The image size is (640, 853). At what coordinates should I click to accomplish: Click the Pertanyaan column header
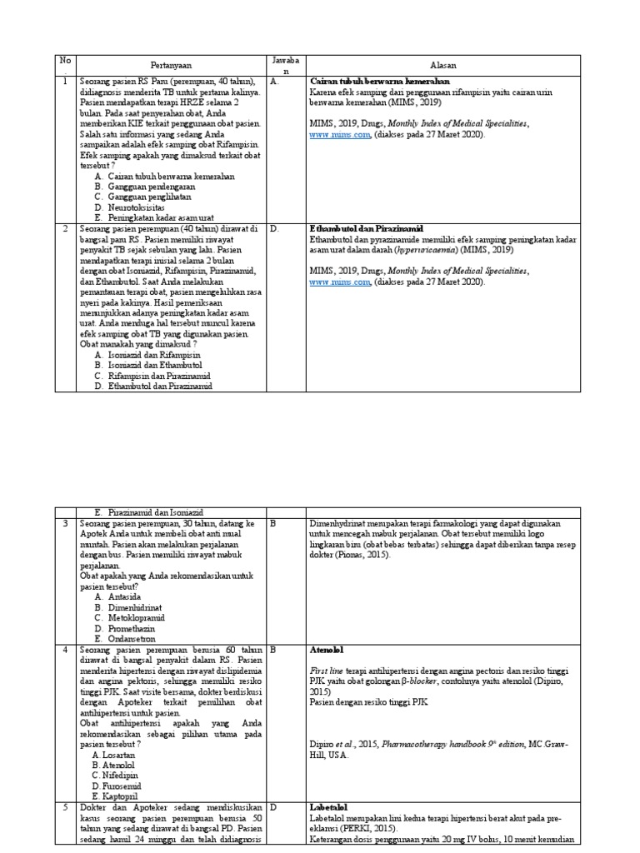tap(173, 64)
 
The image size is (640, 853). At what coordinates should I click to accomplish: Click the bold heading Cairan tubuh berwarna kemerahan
tap(379, 82)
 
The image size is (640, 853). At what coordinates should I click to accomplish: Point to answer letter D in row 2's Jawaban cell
tap(274, 227)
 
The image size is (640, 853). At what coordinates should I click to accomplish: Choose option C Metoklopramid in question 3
tap(135, 619)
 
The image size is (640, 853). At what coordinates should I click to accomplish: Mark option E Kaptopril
tap(122, 796)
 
